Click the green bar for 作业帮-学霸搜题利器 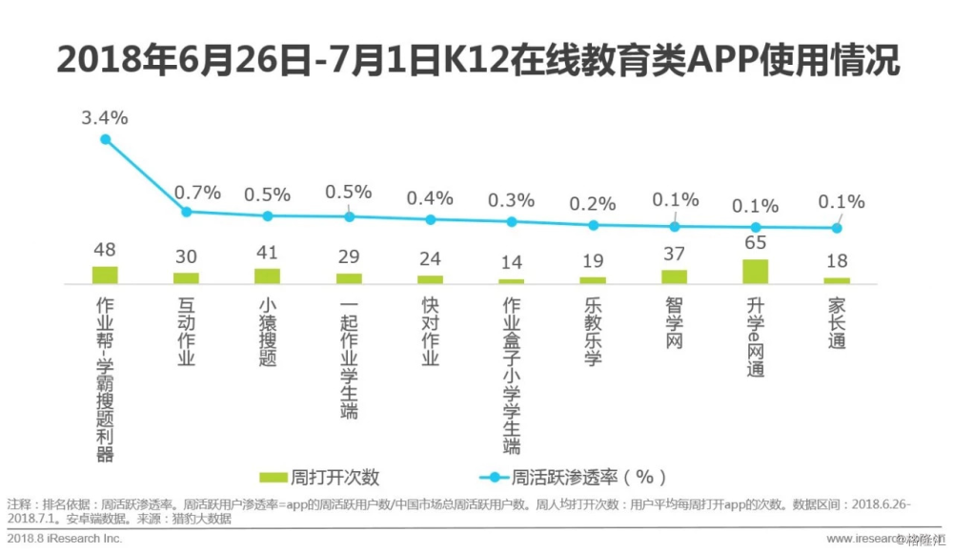[105, 275]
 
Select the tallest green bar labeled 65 [756, 271]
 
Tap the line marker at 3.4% [106, 139]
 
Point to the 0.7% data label [199, 193]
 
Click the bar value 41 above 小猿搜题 [267, 254]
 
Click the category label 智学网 [675, 322]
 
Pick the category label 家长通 [837, 322]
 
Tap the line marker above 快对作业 [431, 219]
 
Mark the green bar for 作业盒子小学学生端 [512, 280]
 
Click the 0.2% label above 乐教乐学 [593, 204]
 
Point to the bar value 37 [675, 255]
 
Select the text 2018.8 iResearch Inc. [65, 539]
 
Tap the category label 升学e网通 [756, 337]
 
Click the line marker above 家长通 [837, 228]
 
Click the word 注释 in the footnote [18, 503]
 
